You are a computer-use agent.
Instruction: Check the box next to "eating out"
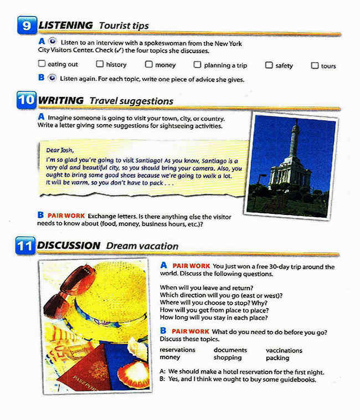click(42, 64)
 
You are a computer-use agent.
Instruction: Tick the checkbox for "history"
click(100, 64)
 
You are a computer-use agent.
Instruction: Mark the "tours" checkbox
click(315, 65)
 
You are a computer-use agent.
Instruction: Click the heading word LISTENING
click(66, 25)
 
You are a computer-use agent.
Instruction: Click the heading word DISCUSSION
click(69, 245)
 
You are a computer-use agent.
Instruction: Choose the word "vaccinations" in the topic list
click(284, 350)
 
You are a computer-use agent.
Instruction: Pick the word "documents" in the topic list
click(230, 350)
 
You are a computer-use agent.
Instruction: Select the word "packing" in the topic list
click(277, 358)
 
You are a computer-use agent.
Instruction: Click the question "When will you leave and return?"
click(206, 288)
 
